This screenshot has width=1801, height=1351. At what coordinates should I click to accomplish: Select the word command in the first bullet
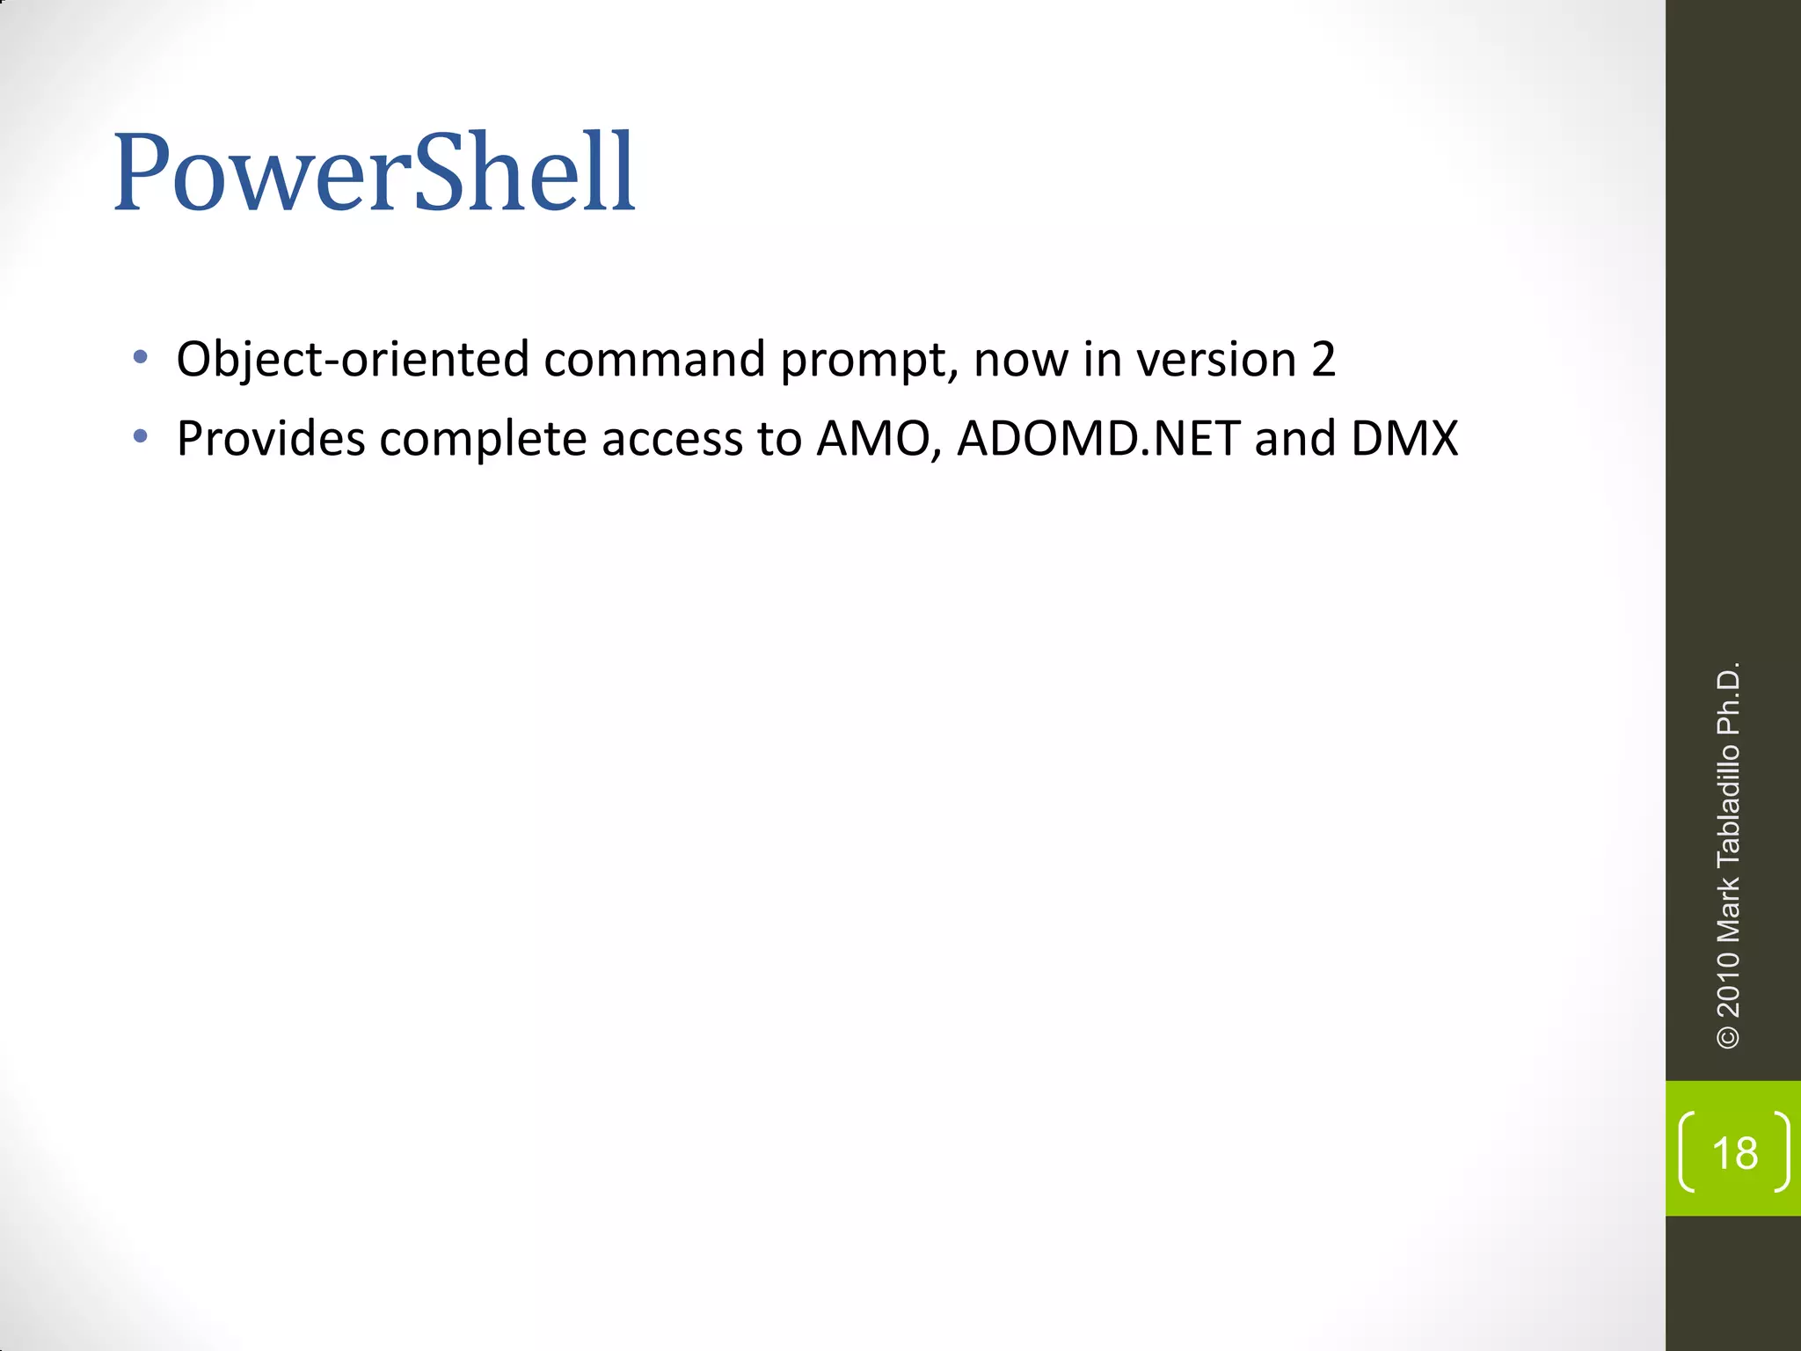(x=654, y=360)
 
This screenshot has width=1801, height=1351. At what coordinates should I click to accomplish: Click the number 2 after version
(x=1323, y=360)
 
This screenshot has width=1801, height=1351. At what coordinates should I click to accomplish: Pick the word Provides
(x=271, y=438)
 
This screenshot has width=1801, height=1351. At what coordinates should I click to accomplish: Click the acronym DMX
(x=1404, y=438)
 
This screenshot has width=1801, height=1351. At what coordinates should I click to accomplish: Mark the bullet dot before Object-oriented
(x=140, y=358)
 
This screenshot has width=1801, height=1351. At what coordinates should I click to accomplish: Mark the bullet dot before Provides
(x=140, y=436)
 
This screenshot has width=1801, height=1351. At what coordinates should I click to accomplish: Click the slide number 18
(x=1734, y=1153)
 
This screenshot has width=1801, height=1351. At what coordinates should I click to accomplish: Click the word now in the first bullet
(x=1021, y=360)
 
